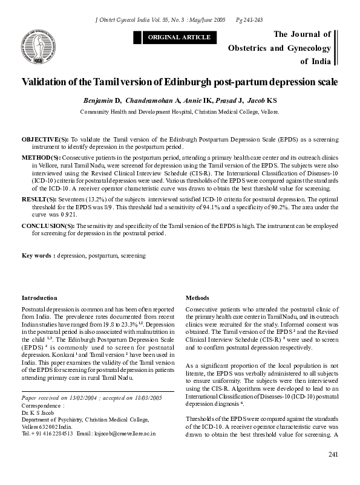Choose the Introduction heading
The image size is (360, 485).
[39, 298]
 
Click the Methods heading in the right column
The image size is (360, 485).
[197, 298]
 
